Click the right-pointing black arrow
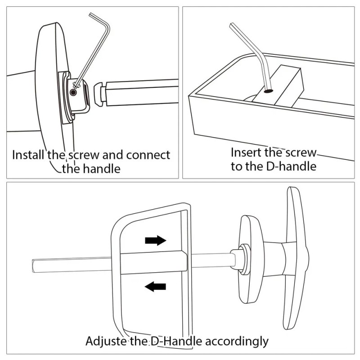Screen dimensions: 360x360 click(155, 240)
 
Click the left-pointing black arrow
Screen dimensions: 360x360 click(155, 286)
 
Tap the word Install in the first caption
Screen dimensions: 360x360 click(29, 155)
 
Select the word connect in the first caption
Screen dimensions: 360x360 click(148, 155)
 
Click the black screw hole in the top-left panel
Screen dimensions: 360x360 click(73, 92)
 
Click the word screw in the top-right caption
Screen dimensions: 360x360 click(301, 152)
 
